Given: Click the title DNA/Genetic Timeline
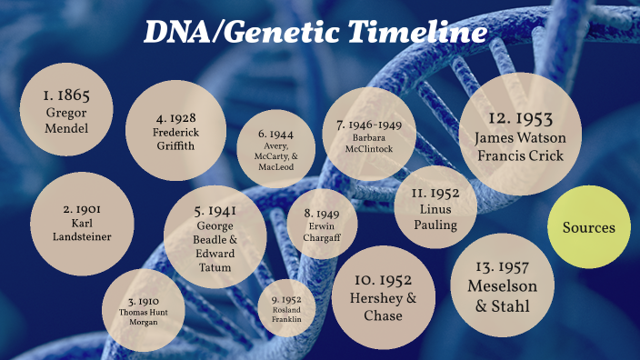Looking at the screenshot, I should (314, 34).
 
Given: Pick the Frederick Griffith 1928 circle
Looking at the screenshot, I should (174, 133).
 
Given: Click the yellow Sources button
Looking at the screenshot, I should (590, 228).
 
